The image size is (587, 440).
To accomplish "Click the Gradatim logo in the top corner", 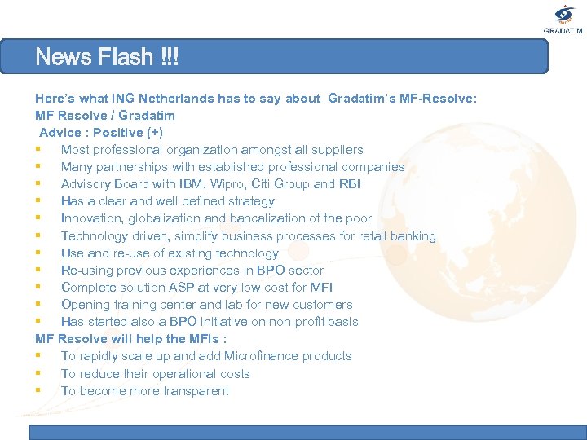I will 563,18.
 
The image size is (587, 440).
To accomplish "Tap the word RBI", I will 349,184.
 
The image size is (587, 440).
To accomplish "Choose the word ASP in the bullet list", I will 178,287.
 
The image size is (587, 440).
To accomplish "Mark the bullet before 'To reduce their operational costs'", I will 39,373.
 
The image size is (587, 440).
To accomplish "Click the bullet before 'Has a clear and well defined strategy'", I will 39,201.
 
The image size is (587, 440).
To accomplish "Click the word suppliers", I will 338,150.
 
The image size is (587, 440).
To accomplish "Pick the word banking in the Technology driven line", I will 413,235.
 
